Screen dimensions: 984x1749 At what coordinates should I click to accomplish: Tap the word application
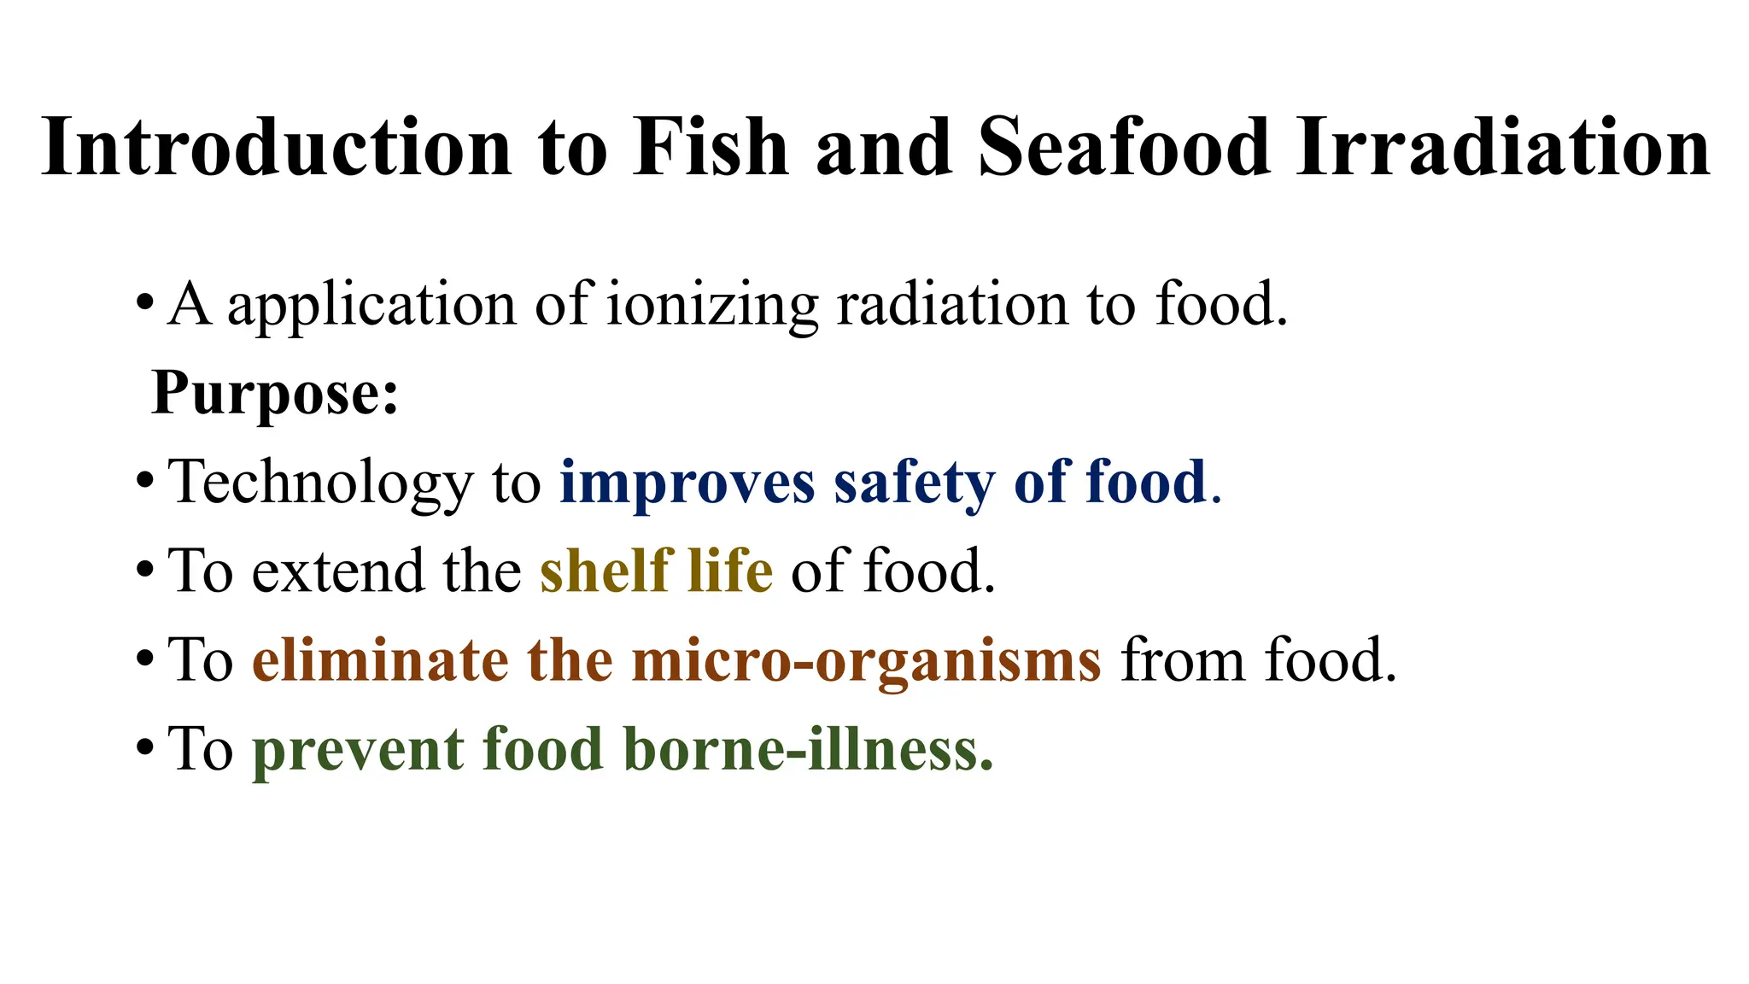[x=371, y=307]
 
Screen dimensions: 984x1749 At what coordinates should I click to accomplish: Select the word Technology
[x=320, y=483]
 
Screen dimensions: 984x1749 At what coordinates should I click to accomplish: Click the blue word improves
[x=687, y=483]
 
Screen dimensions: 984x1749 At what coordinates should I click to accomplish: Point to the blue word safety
[x=914, y=483]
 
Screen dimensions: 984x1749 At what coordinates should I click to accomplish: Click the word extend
[x=338, y=571]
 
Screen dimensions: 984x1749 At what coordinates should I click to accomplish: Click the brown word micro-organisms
[x=867, y=662]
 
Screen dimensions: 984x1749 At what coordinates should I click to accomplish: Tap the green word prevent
[x=358, y=750]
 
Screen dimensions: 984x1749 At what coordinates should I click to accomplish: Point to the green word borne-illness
[x=808, y=749]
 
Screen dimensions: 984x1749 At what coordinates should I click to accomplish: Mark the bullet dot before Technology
[x=145, y=482]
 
